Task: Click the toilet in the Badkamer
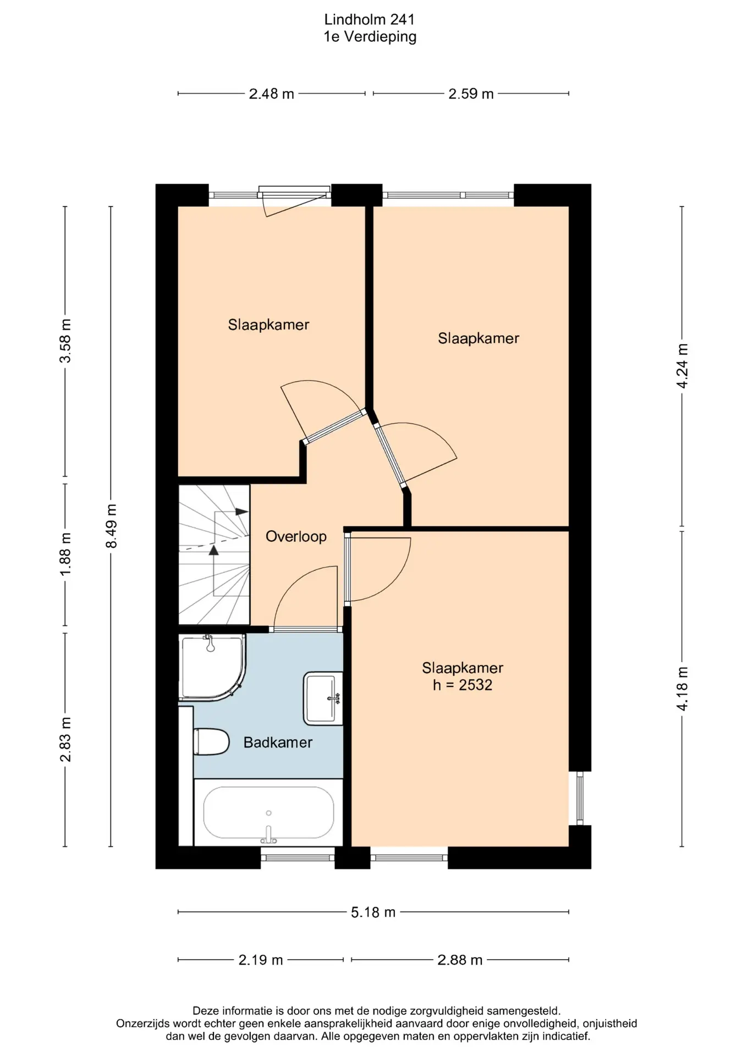coord(211,742)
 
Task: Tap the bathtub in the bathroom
coord(268,812)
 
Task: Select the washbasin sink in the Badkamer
coord(323,698)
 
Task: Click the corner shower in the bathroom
coord(212,667)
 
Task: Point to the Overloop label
coord(296,536)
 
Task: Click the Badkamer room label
coord(278,743)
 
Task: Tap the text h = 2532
coord(463,685)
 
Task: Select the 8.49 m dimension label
coord(112,526)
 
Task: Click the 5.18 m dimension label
coord(374,912)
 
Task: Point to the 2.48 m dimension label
coord(272,94)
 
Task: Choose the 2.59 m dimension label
coord(471,94)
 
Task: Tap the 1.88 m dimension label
coord(65,554)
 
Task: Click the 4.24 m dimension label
coord(683,366)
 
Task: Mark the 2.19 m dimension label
coord(261,960)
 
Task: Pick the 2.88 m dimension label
coord(460,960)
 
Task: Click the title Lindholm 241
coord(370,20)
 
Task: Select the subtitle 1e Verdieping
coord(370,37)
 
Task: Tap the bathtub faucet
coord(268,835)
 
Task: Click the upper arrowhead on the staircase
coord(242,512)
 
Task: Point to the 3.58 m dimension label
coord(65,340)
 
